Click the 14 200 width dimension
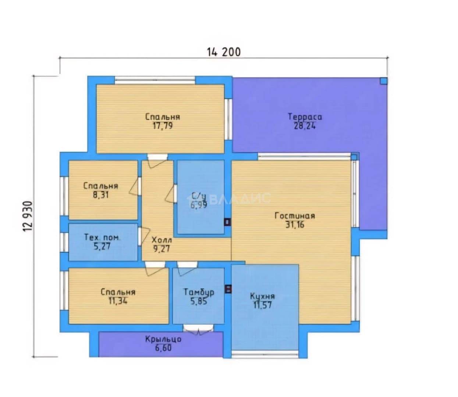click(x=224, y=52)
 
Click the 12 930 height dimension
click(x=29, y=216)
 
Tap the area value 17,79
click(x=163, y=126)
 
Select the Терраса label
click(x=305, y=117)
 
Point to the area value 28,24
click(x=305, y=126)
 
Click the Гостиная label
click(x=295, y=216)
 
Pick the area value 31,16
click(x=295, y=225)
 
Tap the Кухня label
click(x=262, y=296)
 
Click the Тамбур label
click(x=199, y=292)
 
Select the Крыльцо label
click(x=163, y=339)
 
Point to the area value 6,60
click(x=163, y=348)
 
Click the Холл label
click(x=161, y=240)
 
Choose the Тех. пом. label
click(x=102, y=237)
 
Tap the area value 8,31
click(x=101, y=195)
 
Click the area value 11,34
click(x=118, y=301)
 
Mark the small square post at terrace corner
click(x=384, y=81)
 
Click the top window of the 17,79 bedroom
click(x=155, y=80)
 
